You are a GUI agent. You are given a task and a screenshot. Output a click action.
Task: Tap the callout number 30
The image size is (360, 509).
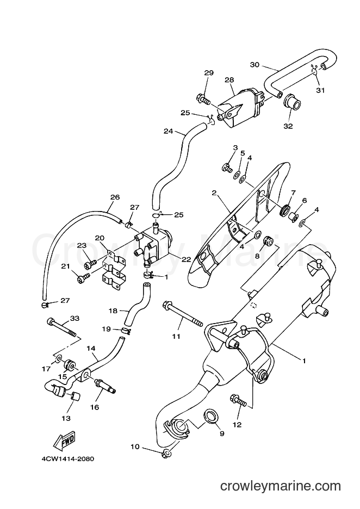[255, 65]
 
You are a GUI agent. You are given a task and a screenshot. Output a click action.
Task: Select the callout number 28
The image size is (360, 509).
[229, 79]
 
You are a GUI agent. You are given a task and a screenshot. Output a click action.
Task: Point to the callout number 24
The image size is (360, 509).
[168, 131]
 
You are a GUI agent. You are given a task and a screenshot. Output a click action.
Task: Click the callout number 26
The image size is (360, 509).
[115, 197]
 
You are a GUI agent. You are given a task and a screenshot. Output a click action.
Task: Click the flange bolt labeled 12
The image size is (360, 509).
[240, 400]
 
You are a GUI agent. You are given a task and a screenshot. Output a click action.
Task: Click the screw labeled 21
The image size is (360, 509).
[84, 278]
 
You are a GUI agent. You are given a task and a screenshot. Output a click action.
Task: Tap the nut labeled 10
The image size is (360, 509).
[166, 454]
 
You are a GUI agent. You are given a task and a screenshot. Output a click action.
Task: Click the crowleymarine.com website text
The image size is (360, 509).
[281, 486]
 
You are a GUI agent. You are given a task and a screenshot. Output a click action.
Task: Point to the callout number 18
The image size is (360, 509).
[113, 311]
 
